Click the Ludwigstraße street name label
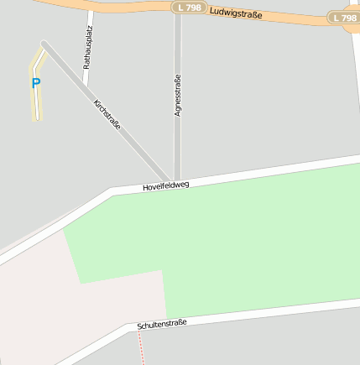pos(237,13)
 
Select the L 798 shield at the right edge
pos(343,18)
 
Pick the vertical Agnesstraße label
pos(177,95)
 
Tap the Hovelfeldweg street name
pos(166,185)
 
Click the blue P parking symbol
pos(35,83)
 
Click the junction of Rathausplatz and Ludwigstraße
pos(91,9)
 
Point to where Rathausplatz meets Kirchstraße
pos(85,84)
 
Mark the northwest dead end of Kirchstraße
pos(44,44)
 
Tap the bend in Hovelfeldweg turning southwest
pos(112,192)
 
